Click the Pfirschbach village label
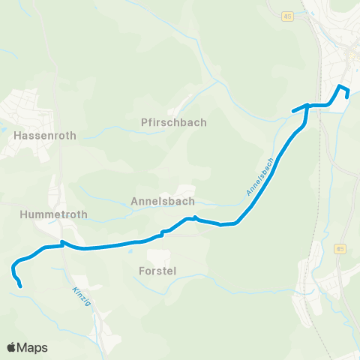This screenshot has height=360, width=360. [x=173, y=122]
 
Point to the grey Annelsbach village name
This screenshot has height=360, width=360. [x=162, y=201]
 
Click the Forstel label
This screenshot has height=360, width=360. [x=157, y=270]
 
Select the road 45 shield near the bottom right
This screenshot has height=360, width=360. [x=340, y=249]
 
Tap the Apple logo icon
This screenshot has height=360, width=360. [x=12, y=347]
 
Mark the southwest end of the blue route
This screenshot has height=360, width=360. [x=20, y=286]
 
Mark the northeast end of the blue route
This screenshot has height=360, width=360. [x=347, y=95]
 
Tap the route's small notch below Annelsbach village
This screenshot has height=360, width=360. [x=195, y=218]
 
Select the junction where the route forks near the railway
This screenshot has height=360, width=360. [x=307, y=106]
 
